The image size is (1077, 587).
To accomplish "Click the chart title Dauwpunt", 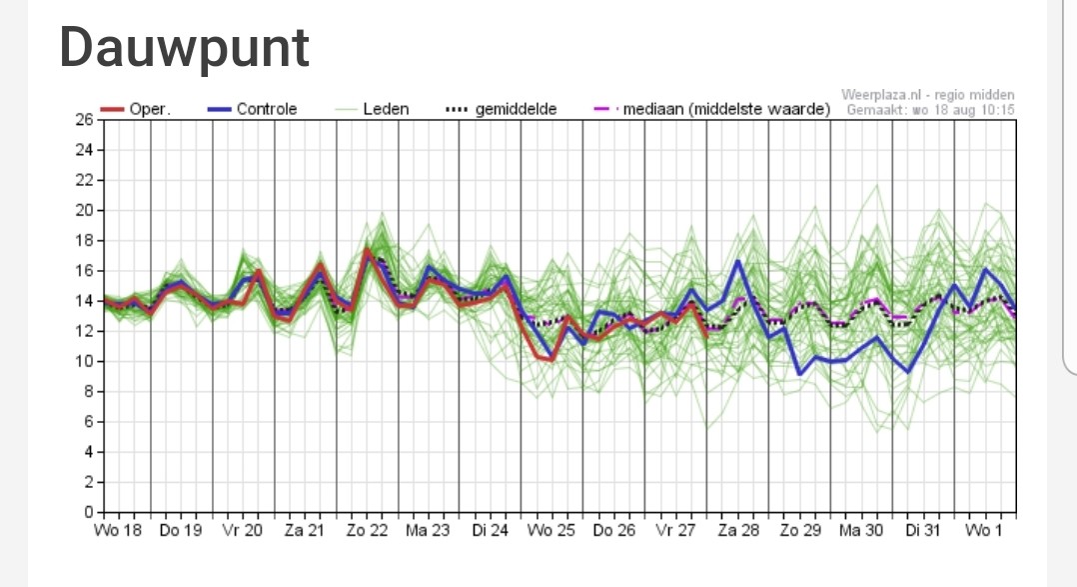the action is pos(184,48).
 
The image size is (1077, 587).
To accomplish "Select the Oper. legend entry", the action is pos(135,109).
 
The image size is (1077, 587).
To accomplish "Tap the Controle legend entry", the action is pos(252,109).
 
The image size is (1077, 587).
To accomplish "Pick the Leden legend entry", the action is pos(372,109).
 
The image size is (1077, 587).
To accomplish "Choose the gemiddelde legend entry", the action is pos(502,109).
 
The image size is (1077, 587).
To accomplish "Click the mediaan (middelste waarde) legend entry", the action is pos(712,109).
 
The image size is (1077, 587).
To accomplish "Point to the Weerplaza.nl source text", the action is pos(928,95).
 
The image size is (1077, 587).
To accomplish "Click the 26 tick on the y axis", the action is pos(85,120).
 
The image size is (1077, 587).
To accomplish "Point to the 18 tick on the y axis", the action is pos(85,241).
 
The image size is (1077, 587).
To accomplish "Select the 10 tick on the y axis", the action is pos(85,362).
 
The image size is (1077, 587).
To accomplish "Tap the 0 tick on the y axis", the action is pos(89,512).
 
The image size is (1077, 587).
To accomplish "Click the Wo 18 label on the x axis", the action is pos(118,531).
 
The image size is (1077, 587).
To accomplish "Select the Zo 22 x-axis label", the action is pos(367,531).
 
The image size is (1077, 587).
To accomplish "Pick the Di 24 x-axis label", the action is pos(490,531).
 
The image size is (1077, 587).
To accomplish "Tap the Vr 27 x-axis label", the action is pos(675,531).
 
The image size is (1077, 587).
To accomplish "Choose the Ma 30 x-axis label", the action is pos(860,531).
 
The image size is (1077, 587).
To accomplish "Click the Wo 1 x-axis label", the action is pos(983,531).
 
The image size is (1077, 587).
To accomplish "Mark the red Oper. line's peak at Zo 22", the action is pos(368,250).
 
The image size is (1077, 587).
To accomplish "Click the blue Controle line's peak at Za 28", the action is pos(738,261).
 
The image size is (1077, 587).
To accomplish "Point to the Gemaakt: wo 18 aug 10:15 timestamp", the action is pos(930,110).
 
